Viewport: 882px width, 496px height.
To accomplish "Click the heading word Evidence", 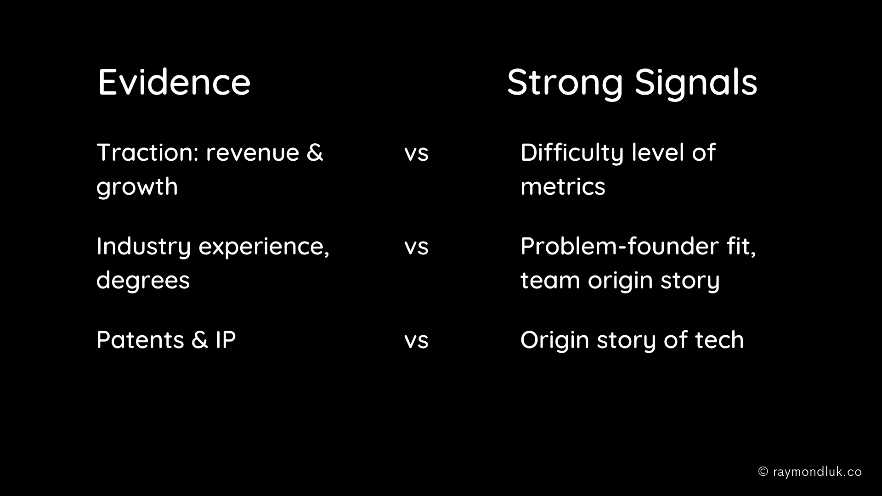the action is pyautogui.click(x=174, y=82).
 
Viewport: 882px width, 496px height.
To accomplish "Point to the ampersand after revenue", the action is pyautogui.click(x=315, y=152).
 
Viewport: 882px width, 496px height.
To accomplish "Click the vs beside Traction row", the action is pyautogui.click(x=416, y=154).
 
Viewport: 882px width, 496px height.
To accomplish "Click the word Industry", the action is pyautogui.click(x=143, y=247).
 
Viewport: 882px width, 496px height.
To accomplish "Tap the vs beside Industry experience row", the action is pyautogui.click(x=416, y=248).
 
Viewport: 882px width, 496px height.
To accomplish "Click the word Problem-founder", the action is pyautogui.click(x=620, y=246).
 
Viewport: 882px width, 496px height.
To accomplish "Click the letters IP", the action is pyautogui.click(x=226, y=340).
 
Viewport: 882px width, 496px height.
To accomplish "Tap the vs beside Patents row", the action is pyautogui.click(x=416, y=341).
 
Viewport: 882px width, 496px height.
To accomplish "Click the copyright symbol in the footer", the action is pyautogui.click(x=763, y=472).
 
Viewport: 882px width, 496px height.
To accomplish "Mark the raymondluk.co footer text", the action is pyautogui.click(x=818, y=472).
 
